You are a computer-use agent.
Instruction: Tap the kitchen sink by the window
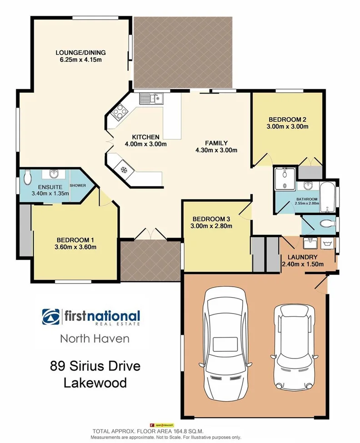151,98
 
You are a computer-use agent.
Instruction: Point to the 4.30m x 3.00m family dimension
216,150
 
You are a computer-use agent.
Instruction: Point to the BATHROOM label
307,199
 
